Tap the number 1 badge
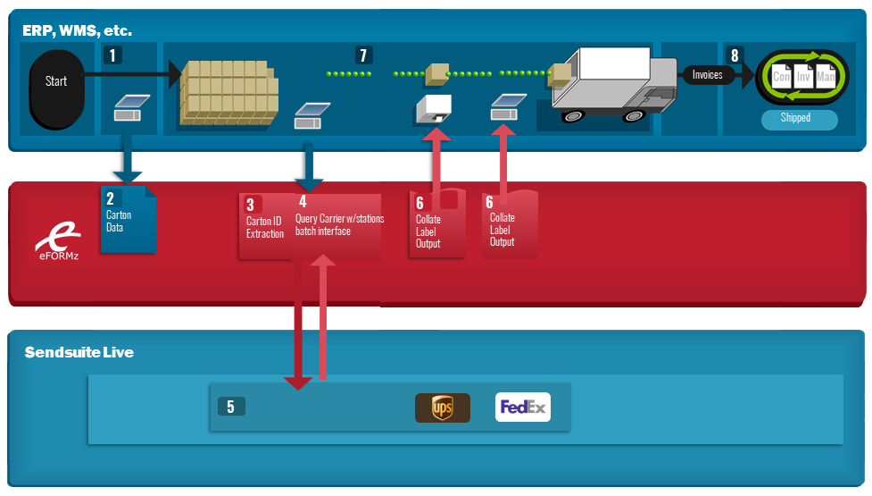112,55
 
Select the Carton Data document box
128,220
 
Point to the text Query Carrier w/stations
339,219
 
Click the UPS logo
443,408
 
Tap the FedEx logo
523,407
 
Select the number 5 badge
231,407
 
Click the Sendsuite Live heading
79,352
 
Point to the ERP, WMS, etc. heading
77,30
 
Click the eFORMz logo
58,241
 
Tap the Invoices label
707,74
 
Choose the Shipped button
799,119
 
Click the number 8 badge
735,55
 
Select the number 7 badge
363,55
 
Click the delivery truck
611,83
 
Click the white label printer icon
434,109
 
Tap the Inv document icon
803,76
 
